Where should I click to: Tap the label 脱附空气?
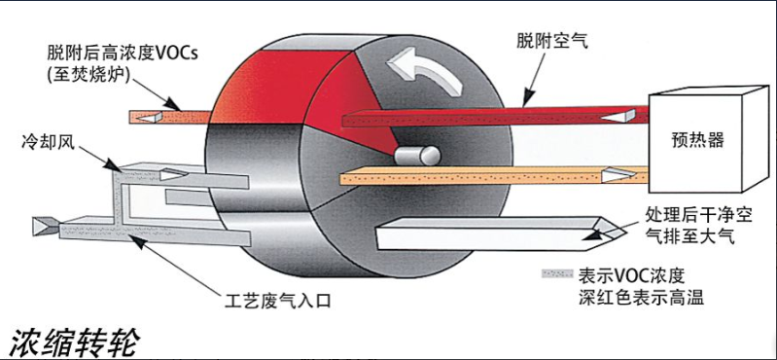pos(552,40)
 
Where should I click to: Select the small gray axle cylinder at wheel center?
pos(415,155)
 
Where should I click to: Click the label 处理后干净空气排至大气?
pos(694,224)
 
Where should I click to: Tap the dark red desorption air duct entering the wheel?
pos(486,117)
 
